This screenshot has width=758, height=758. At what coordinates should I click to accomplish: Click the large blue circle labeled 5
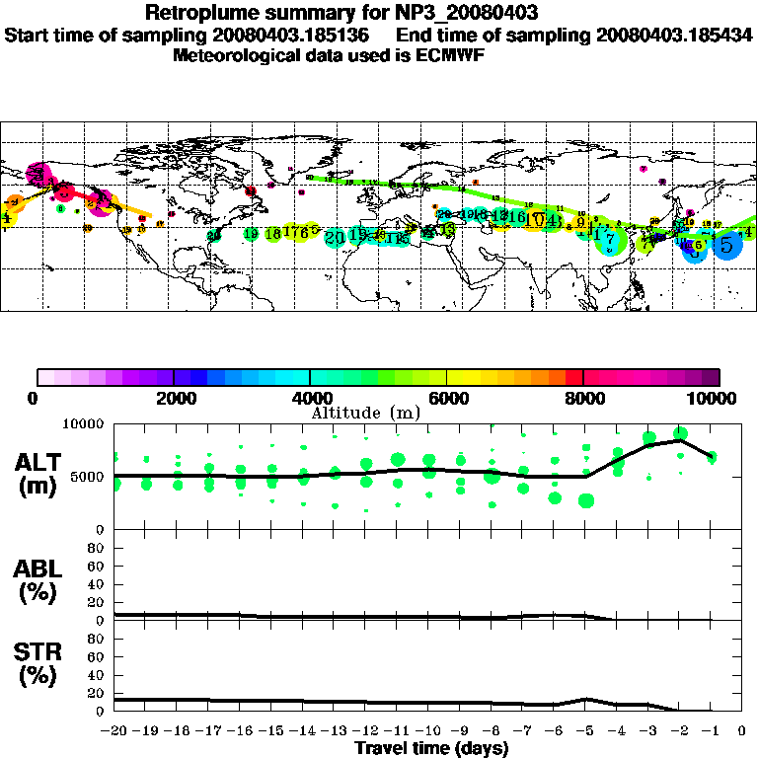click(727, 245)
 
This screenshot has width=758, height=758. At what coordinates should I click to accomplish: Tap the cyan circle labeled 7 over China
click(610, 239)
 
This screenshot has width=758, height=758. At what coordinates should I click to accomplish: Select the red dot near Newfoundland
click(251, 190)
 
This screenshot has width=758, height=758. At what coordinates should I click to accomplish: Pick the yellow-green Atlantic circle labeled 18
click(272, 234)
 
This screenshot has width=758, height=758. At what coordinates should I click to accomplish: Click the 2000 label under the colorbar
click(174, 399)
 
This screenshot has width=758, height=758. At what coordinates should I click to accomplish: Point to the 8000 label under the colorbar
click(583, 399)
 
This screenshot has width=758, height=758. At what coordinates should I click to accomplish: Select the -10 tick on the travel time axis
click(428, 731)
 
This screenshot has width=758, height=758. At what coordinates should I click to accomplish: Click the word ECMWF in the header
click(453, 55)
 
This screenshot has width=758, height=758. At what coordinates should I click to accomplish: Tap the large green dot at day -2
click(680, 434)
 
